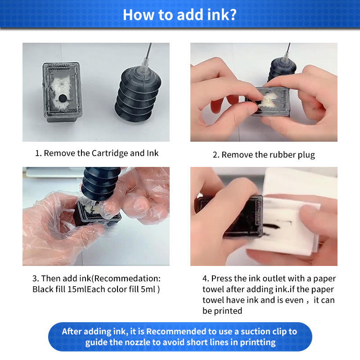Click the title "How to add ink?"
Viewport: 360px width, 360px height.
pyautogui.click(x=180, y=14)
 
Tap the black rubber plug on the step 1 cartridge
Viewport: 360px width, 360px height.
pyautogui.click(x=63, y=98)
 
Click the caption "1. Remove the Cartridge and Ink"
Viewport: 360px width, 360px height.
pyautogui.click(x=97, y=153)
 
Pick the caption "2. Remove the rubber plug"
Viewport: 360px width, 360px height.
pyautogui.click(x=264, y=155)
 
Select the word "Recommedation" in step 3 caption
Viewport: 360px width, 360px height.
pyautogui.click(x=124, y=279)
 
